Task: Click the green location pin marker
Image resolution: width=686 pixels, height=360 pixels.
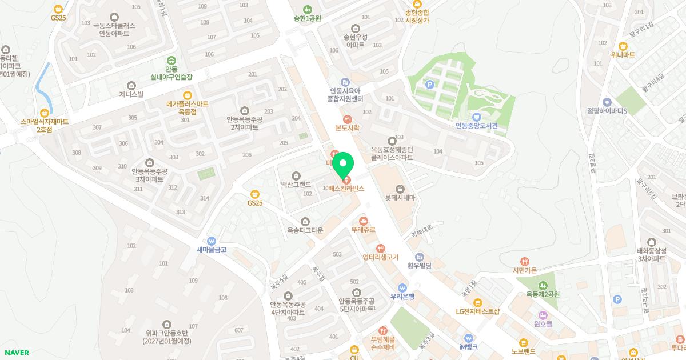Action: tap(343, 166)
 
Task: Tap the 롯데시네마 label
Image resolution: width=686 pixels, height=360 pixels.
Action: tap(400, 198)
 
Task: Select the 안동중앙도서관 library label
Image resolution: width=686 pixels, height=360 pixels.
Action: tap(477, 126)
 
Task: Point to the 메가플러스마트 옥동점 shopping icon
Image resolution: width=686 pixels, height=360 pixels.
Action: tap(187, 95)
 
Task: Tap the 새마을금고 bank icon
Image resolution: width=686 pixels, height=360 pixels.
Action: tap(212, 241)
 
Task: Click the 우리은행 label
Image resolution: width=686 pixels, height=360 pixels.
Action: tap(402, 296)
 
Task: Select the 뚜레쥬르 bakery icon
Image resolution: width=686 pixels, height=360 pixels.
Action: tap(363, 221)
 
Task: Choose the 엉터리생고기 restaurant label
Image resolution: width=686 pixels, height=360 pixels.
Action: tap(380, 257)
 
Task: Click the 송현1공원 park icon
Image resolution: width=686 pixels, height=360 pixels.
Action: tap(308, 9)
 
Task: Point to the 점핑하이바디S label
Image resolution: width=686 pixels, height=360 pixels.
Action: tap(607, 111)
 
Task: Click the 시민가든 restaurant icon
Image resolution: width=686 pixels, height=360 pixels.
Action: tap(525, 261)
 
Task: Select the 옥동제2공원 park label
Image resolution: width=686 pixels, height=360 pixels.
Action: tap(543, 295)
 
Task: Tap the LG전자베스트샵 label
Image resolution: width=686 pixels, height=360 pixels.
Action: tap(477, 311)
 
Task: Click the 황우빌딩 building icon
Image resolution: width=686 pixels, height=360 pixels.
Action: tap(419, 257)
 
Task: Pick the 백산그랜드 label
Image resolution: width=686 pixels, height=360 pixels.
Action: tap(296, 185)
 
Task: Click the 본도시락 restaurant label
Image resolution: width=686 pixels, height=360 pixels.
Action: tap(347, 128)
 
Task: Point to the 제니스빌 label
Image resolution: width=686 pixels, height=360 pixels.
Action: tap(131, 94)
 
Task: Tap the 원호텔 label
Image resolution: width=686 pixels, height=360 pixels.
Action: tap(543, 323)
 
